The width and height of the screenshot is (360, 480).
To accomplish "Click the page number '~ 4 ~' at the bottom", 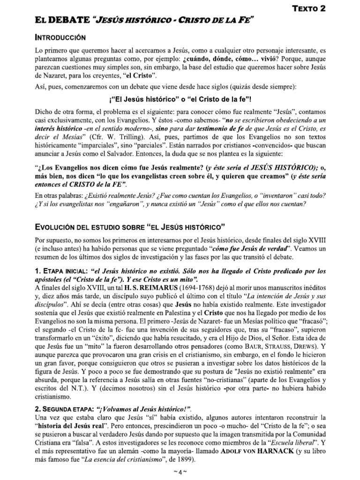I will pyautogui.click(x=180, y=472).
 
